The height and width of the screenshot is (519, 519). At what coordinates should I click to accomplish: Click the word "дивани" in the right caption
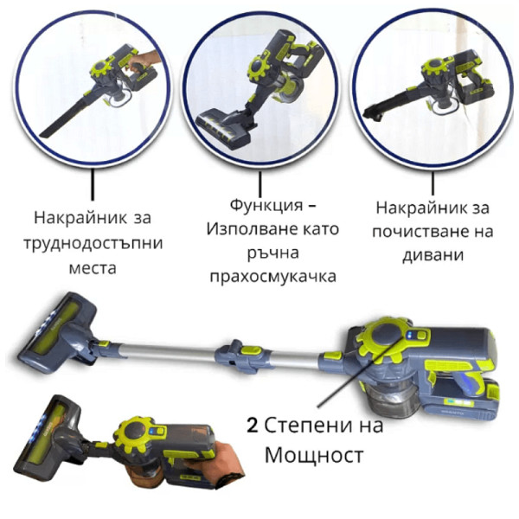tap(433, 255)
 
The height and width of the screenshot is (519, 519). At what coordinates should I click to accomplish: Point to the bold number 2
tap(252, 426)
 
